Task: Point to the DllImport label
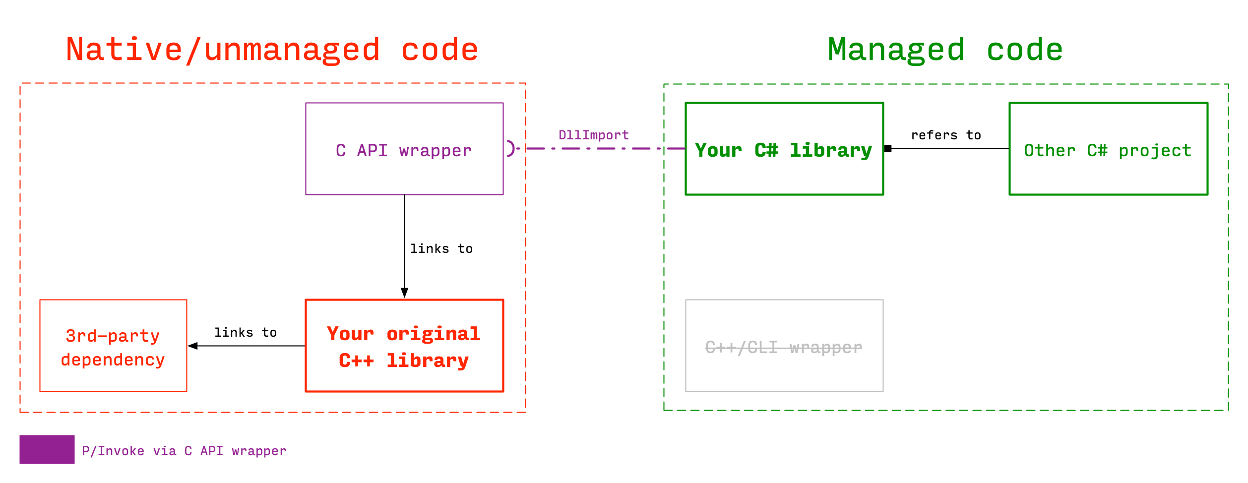pyautogui.click(x=593, y=135)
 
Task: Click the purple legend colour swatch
pyautogui.click(x=47, y=449)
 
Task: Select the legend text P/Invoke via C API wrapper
pyautogui.click(x=184, y=451)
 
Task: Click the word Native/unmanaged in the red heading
pyautogui.click(x=223, y=50)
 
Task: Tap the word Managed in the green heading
pyautogui.click(x=896, y=50)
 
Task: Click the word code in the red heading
pyautogui.click(x=439, y=50)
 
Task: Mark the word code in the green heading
pyautogui.click(x=1025, y=50)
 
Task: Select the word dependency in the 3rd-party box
pyautogui.click(x=113, y=360)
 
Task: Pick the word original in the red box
pyautogui.click(x=433, y=334)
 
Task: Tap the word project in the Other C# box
pyautogui.click(x=1155, y=151)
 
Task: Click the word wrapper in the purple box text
pyautogui.click(x=435, y=151)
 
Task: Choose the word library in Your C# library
pyautogui.click(x=830, y=150)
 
